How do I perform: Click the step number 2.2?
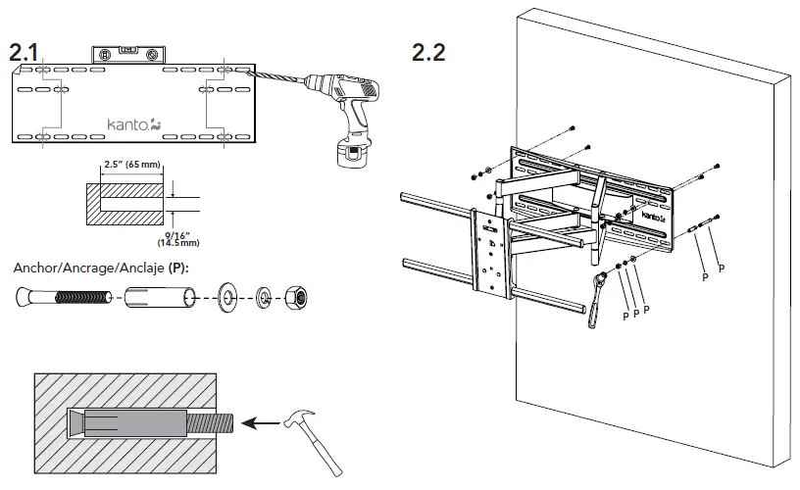pyautogui.click(x=428, y=52)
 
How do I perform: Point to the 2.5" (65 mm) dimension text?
pyautogui.click(x=130, y=166)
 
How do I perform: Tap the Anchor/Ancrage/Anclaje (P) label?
pyautogui.click(x=100, y=266)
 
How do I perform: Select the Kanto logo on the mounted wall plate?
pyautogui.click(x=652, y=217)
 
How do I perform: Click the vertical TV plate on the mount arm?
pyautogui.click(x=489, y=253)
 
